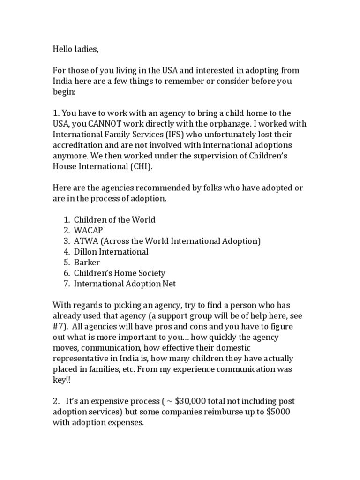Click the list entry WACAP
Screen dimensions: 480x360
(x=88, y=230)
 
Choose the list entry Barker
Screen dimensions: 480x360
(x=88, y=262)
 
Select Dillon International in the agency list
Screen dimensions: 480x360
(x=111, y=252)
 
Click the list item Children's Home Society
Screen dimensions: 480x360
(x=120, y=273)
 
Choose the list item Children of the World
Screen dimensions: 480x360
(x=114, y=219)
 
